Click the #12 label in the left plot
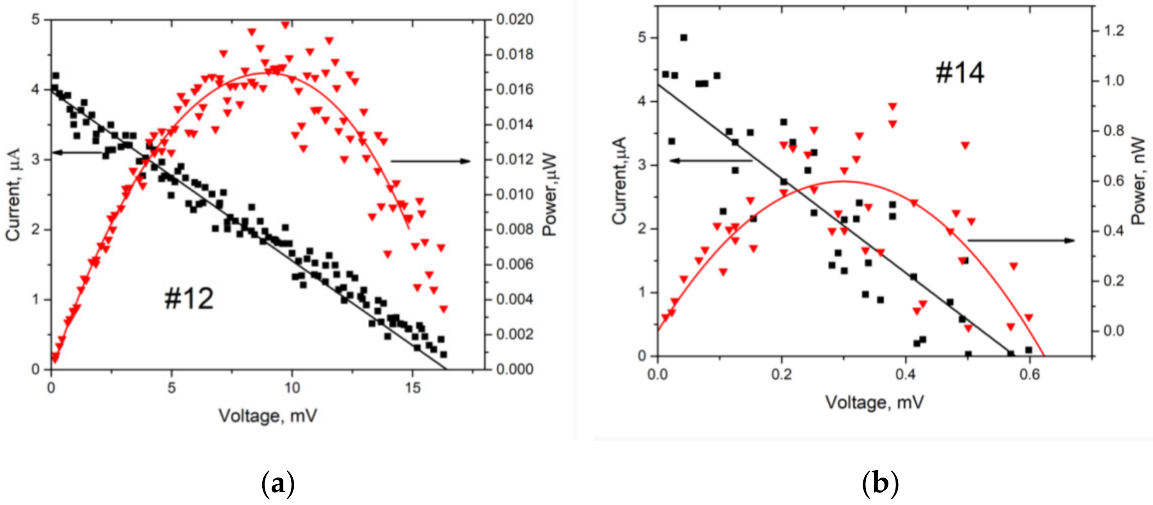(x=189, y=299)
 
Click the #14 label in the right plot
(x=960, y=73)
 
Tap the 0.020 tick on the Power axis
(x=515, y=20)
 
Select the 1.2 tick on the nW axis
(x=1113, y=31)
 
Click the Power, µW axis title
(x=549, y=195)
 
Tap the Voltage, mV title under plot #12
(x=268, y=416)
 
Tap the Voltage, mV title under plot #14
(x=874, y=402)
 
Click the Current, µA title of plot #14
(x=620, y=180)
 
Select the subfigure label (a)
(x=277, y=484)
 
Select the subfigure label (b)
(x=880, y=484)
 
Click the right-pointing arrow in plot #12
(x=430, y=161)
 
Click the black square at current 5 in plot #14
(x=683, y=38)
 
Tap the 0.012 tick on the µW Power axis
(x=515, y=159)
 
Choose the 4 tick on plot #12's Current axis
(x=36, y=90)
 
